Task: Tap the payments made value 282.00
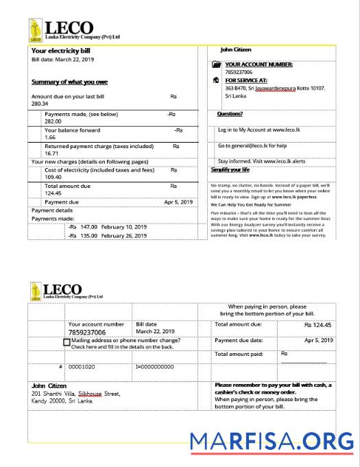tap(53, 121)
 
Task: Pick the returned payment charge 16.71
tap(53, 154)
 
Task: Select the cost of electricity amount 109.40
tap(54, 177)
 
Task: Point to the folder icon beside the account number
tap(217, 64)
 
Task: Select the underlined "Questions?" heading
tap(230, 114)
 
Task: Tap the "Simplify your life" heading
tap(230, 169)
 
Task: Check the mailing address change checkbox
tap(67, 342)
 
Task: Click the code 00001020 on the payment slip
tap(82, 367)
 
